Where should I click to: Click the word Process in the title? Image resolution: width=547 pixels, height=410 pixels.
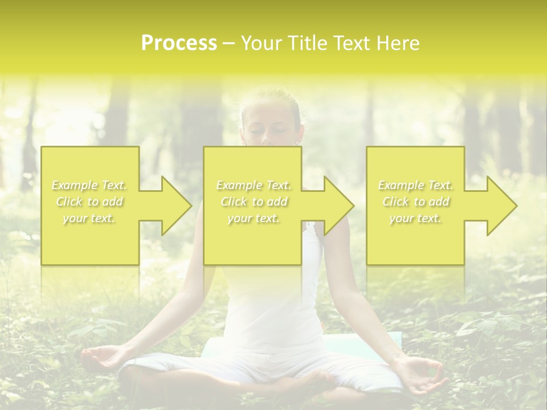(x=179, y=43)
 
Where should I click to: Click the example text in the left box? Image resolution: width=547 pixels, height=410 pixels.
(x=89, y=202)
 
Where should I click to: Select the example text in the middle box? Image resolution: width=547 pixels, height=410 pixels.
(x=254, y=202)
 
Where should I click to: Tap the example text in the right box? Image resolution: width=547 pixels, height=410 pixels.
(x=415, y=202)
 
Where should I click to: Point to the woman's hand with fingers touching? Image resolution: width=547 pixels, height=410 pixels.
(x=422, y=376)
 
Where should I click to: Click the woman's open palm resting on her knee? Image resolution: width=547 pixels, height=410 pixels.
(x=103, y=358)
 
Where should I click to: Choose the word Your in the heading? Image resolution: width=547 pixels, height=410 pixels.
(x=261, y=43)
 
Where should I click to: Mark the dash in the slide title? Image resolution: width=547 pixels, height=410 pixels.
(x=228, y=43)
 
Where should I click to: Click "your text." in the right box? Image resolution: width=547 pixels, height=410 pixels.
(x=415, y=218)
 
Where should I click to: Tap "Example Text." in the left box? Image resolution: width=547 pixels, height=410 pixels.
(x=89, y=185)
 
